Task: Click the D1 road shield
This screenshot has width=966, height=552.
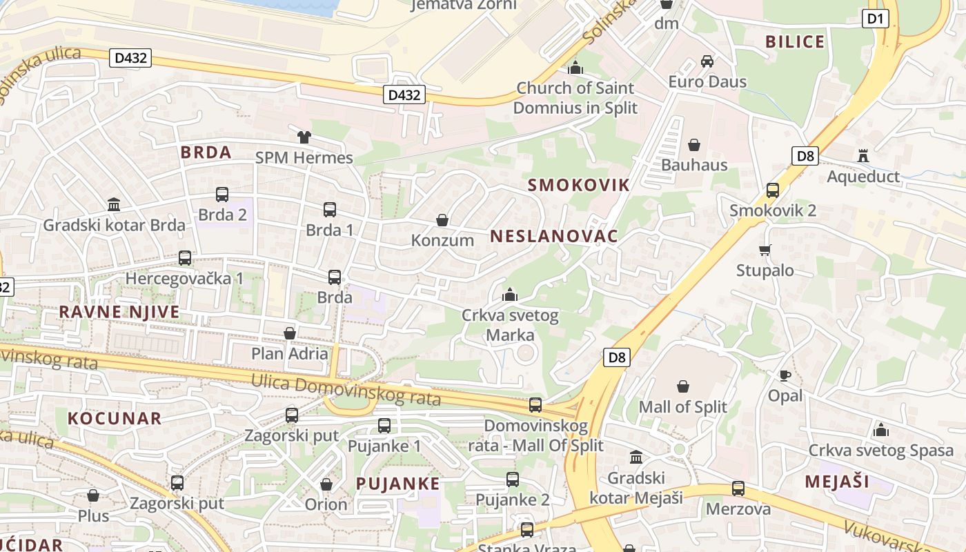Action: pos(875,19)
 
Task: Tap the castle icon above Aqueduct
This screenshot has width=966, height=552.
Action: pos(862,155)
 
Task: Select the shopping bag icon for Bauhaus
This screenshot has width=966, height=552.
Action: pos(694,145)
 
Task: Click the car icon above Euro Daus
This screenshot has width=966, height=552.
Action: pos(707,61)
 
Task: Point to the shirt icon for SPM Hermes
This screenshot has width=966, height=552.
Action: pos(304,137)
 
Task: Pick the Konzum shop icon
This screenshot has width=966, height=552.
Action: pos(442,220)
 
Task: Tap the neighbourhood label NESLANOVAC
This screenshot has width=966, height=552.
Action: pos(553,236)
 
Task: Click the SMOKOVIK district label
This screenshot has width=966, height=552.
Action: pos(578,185)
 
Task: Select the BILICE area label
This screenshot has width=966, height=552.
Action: pos(795,42)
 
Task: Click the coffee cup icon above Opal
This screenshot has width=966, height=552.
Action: pos(785,375)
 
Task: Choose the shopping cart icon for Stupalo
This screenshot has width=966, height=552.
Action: pos(765,250)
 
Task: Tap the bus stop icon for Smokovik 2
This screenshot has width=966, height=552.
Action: pos(773,190)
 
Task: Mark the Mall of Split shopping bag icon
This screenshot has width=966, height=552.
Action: pos(683,386)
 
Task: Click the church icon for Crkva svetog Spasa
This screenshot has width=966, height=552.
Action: pos(880,431)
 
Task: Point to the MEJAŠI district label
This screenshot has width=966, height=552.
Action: pos(836,482)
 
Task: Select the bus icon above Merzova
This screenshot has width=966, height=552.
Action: pos(738,489)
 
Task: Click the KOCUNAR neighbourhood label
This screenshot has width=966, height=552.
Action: pos(115,418)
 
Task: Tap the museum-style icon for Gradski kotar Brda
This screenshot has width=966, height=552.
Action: pos(114,204)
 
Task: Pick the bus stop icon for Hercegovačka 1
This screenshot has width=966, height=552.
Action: pos(185,258)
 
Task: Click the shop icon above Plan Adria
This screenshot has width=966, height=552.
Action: pos(290,333)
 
